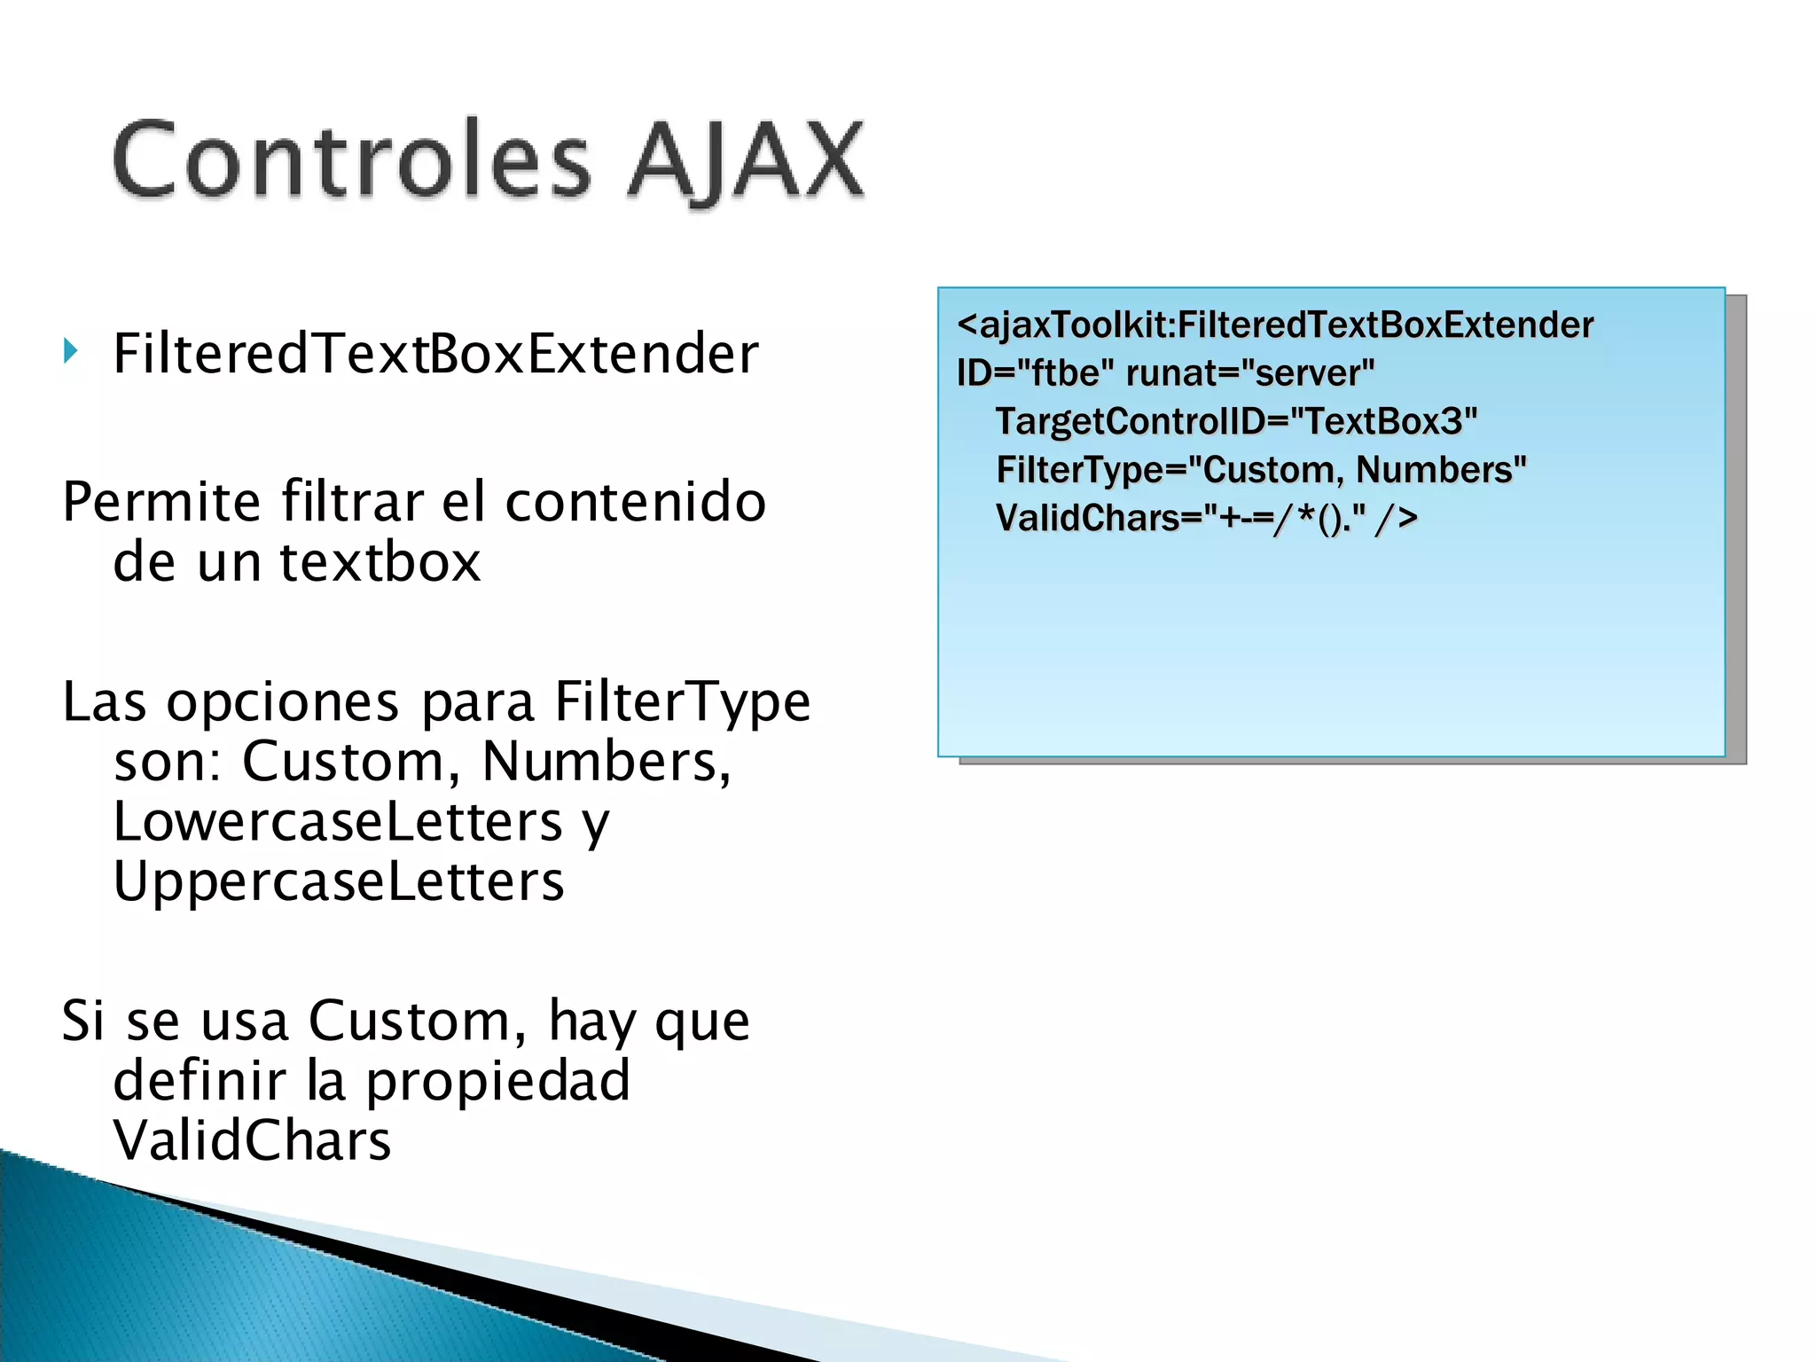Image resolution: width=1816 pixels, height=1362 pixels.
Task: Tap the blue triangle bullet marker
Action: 71,351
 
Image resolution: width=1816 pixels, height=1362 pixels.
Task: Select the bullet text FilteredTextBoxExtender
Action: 435,354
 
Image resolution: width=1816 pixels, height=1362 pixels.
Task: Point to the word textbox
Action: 380,562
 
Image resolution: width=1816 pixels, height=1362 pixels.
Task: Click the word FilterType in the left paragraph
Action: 682,701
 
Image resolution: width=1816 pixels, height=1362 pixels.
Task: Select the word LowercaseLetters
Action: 338,821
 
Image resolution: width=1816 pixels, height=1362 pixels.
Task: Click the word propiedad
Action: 497,1081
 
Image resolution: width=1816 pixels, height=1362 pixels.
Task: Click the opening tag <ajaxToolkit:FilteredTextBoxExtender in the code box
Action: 1275,325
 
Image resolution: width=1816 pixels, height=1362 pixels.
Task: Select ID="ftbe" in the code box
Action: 1034,373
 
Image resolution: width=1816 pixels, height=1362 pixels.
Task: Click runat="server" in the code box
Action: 1249,373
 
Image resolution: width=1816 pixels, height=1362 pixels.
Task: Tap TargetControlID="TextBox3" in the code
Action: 1236,421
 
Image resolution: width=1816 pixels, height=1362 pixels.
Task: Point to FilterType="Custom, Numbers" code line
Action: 1261,470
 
